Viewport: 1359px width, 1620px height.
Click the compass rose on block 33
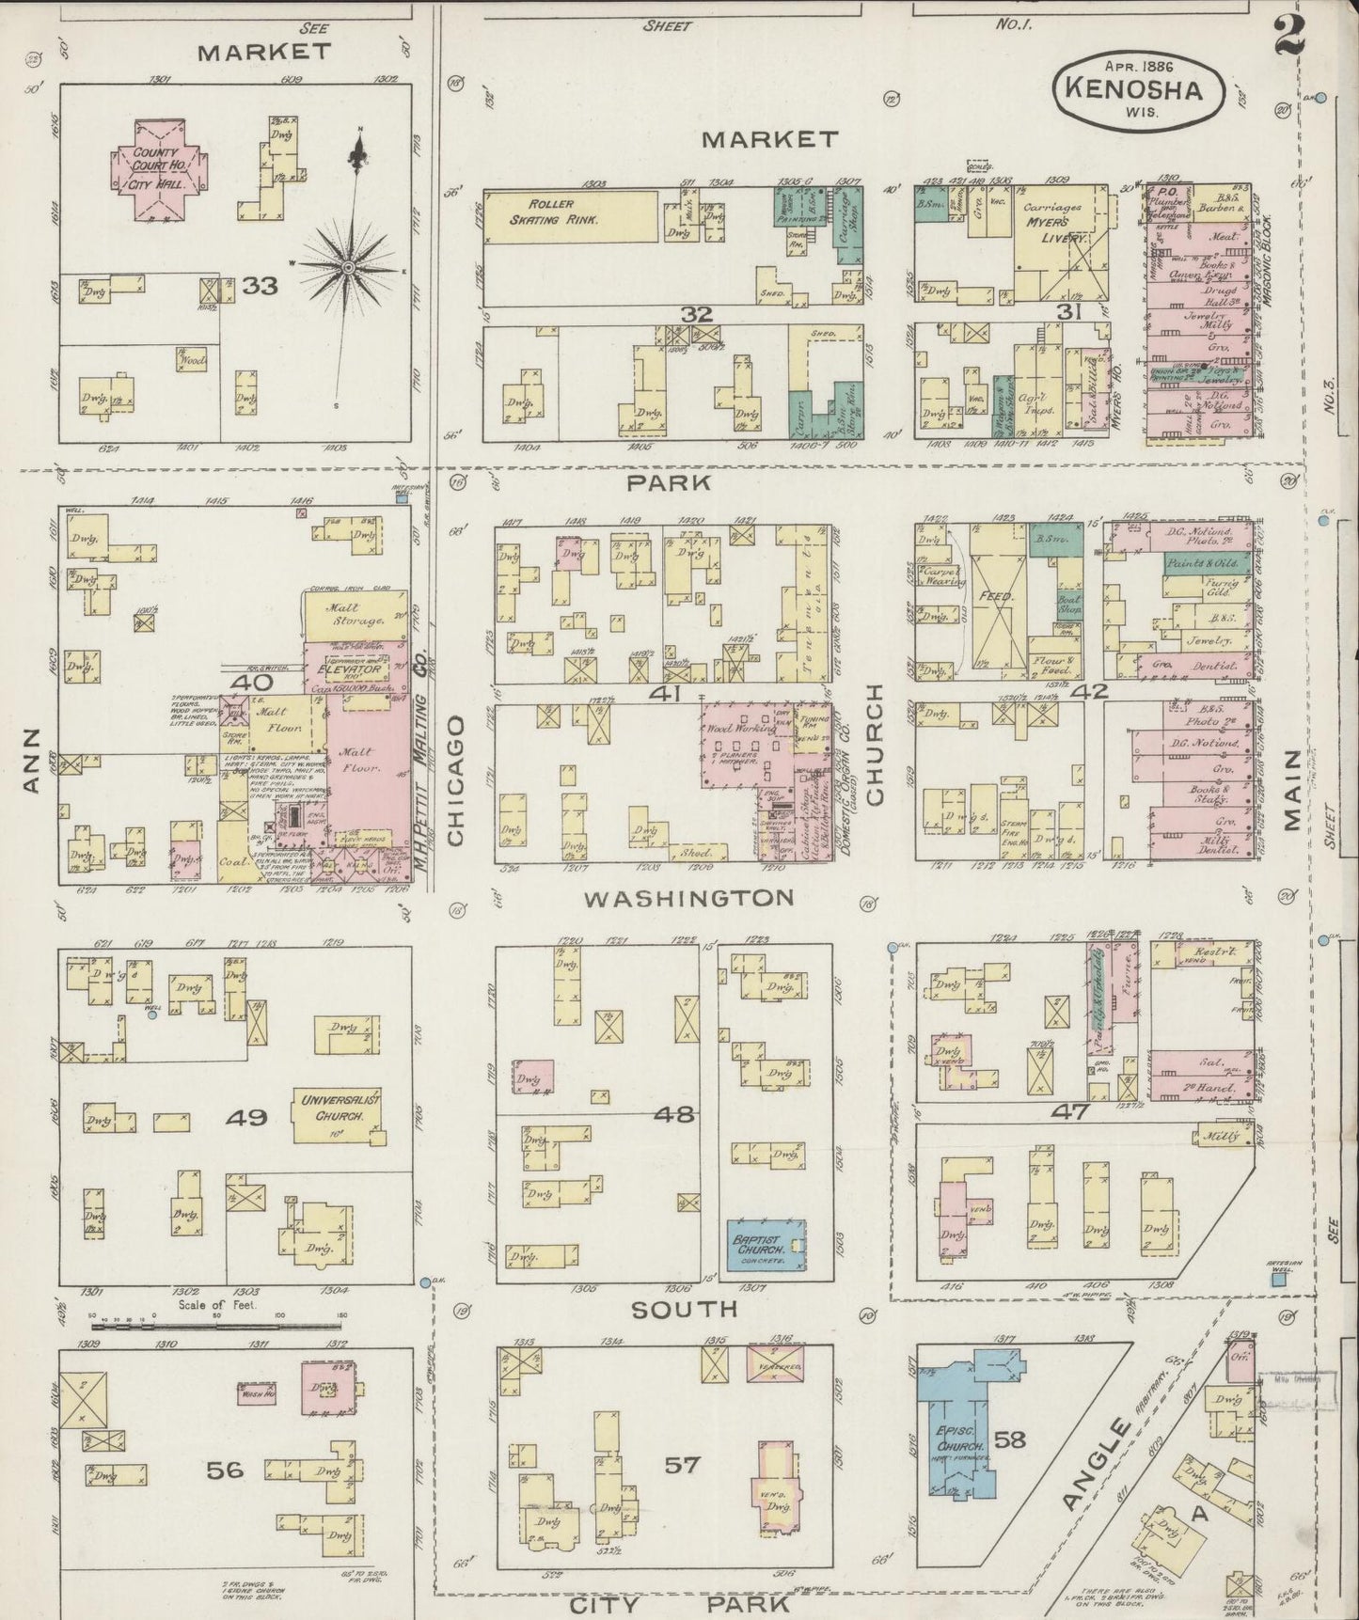click(349, 267)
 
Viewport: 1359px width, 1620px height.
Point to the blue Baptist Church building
click(766, 1246)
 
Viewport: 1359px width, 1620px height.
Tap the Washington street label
click(688, 898)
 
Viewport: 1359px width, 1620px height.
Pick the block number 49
click(246, 1117)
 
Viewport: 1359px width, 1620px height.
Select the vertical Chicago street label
click(456, 780)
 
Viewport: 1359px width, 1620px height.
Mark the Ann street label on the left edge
click(31, 773)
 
